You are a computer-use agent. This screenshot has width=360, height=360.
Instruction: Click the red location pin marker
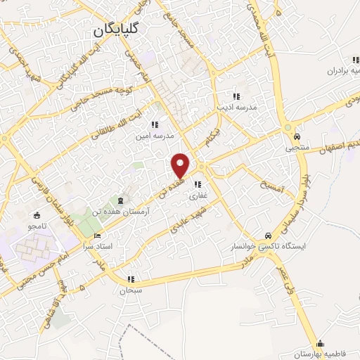(x=181, y=165)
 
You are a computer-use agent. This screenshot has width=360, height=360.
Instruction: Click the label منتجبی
(x=297, y=148)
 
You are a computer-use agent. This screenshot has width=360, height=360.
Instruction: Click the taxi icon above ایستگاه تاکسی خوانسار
(x=267, y=236)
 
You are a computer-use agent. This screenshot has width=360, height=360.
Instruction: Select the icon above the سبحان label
(x=129, y=278)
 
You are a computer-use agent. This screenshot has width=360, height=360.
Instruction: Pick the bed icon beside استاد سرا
(x=97, y=236)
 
